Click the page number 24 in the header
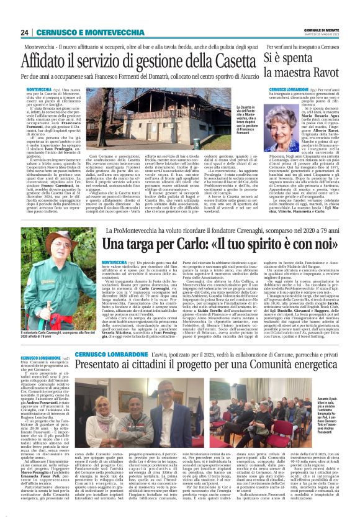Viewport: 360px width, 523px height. (x=24, y=32)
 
